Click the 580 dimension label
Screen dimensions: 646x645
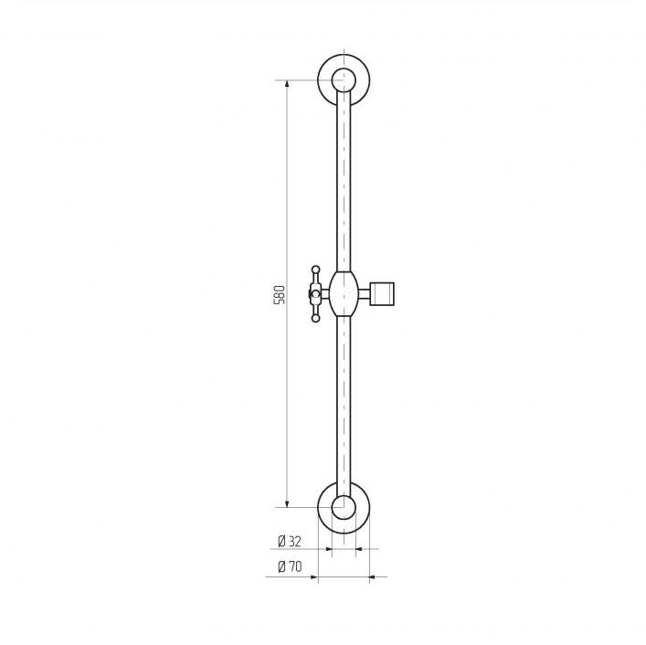[x=279, y=294]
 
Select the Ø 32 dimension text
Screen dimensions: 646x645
[x=290, y=541]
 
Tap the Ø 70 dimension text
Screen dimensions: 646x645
[x=290, y=567]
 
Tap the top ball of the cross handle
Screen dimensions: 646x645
[x=315, y=270]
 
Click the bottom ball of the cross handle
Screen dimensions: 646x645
[x=315, y=318]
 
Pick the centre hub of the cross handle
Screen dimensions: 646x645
[x=315, y=293]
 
